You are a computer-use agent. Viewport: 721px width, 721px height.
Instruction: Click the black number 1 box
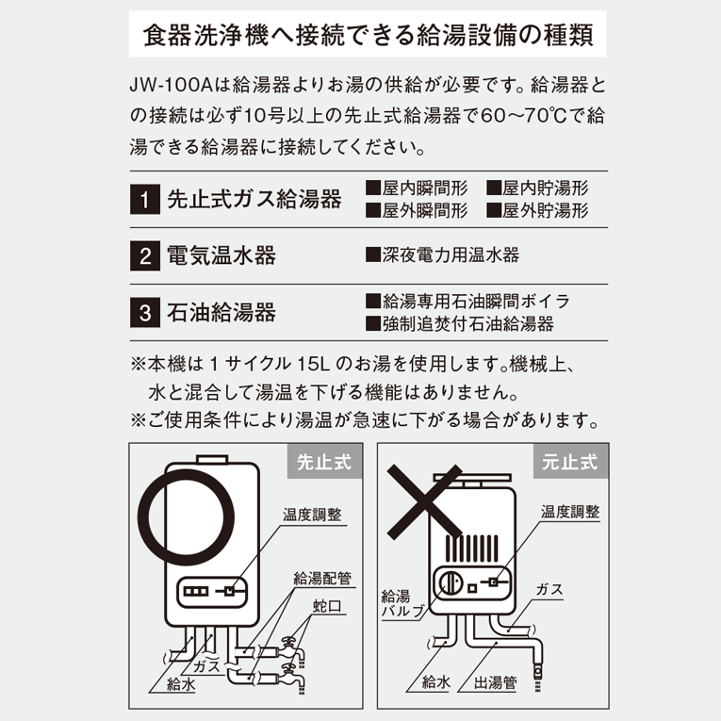[145, 199]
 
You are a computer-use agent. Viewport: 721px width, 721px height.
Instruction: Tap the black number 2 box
[145, 255]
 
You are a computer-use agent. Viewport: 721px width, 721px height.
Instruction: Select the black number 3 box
[145, 312]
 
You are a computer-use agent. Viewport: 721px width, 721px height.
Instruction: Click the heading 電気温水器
[221, 255]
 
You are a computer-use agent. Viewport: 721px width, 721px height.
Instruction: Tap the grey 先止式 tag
[324, 462]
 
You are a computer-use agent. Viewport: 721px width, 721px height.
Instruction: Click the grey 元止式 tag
[570, 462]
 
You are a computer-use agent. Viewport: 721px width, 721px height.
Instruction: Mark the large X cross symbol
[424, 501]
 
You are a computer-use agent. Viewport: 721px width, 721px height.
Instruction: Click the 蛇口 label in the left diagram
[328, 606]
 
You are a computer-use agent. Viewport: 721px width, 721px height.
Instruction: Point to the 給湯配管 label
[322, 578]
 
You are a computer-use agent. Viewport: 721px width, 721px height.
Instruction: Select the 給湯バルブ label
[402, 604]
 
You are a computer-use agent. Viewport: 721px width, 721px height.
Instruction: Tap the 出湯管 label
[495, 682]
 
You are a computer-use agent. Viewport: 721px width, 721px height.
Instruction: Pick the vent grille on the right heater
[472, 548]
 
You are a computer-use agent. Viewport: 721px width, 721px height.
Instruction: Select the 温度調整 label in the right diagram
[570, 512]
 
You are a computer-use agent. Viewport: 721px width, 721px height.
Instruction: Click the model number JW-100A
[171, 85]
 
